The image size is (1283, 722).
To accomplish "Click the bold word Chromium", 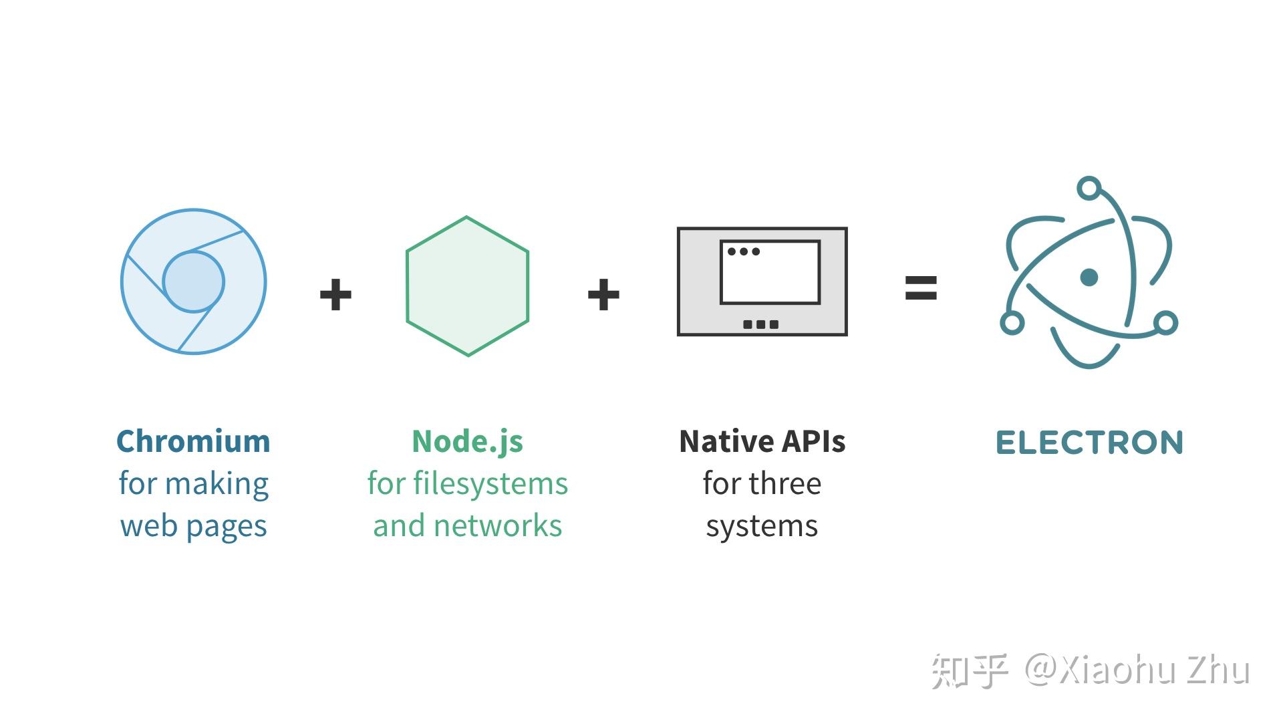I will point(193,442).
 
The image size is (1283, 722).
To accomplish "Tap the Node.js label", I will point(467,442).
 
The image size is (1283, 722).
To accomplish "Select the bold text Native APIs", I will point(762,442).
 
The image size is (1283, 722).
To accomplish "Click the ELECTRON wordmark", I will point(1089,443).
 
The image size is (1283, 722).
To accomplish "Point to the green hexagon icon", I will point(467,286).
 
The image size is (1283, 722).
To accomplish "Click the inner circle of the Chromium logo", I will point(193,281).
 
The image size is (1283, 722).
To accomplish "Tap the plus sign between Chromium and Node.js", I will point(335,294).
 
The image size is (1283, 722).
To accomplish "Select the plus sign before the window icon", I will point(603,294).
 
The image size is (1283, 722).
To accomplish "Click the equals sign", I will point(920,288).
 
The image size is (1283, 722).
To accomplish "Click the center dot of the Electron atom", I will point(1089,277).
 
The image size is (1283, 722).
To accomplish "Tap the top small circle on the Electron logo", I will point(1089,188).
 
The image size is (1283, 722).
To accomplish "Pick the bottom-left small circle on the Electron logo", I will point(1012,323).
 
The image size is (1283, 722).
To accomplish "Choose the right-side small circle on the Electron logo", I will point(1165,323).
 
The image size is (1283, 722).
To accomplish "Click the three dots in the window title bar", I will point(743,251).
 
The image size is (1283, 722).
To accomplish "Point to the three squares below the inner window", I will point(761,324).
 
